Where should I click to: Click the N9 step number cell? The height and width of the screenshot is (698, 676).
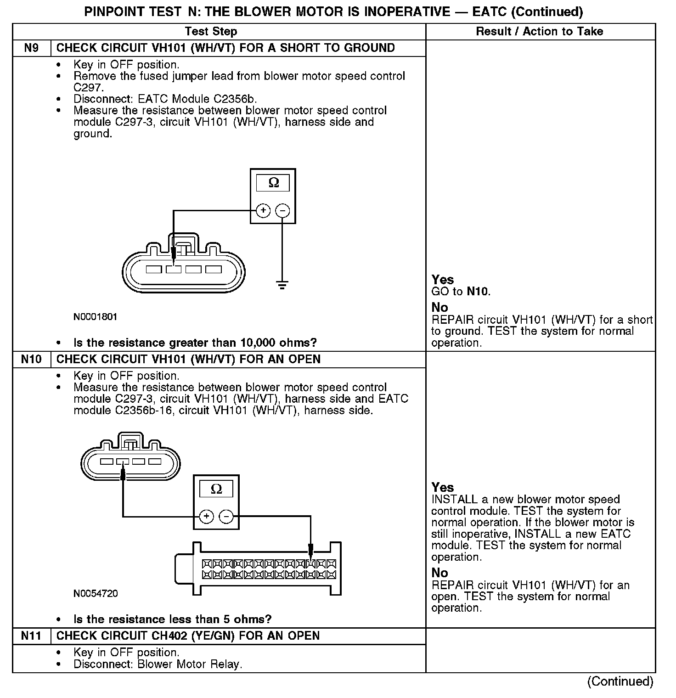[31, 48]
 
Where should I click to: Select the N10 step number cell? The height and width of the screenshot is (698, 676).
[31, 359]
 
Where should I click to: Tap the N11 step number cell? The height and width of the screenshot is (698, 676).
[31, 636]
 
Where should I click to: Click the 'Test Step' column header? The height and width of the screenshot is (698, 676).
[211, 32]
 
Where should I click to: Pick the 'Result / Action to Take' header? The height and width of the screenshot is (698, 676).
[540, 32]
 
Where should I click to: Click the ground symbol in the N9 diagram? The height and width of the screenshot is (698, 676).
[282, 285]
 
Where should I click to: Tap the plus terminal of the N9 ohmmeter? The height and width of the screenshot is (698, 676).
[263, 211]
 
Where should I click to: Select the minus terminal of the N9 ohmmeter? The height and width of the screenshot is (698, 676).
[282, 211]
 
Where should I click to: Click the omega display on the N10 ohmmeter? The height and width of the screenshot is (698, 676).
[216, 489]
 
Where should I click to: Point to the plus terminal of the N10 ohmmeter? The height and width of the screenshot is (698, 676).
[207, 517]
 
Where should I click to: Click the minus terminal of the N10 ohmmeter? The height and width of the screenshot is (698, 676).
[226, 517]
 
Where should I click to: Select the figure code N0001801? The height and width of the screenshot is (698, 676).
[96, 317]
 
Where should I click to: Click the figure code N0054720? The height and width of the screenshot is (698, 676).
[96, 593]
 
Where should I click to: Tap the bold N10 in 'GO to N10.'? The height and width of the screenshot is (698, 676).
[478, 292]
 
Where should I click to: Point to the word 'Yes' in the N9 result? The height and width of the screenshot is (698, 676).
[443, 280]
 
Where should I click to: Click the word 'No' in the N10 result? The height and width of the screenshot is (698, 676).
[439, 573]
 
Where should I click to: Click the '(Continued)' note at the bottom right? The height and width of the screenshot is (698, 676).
[620, 681]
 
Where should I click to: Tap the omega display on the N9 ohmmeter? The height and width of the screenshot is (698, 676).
[273, 183]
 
